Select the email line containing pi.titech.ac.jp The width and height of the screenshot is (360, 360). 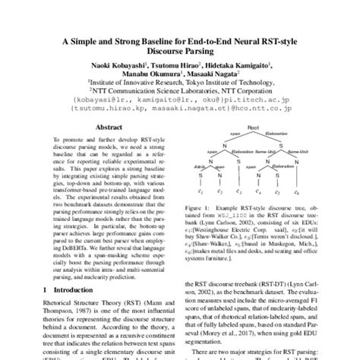pos(180,99)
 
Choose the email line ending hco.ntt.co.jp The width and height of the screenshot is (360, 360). pos(180,107)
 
